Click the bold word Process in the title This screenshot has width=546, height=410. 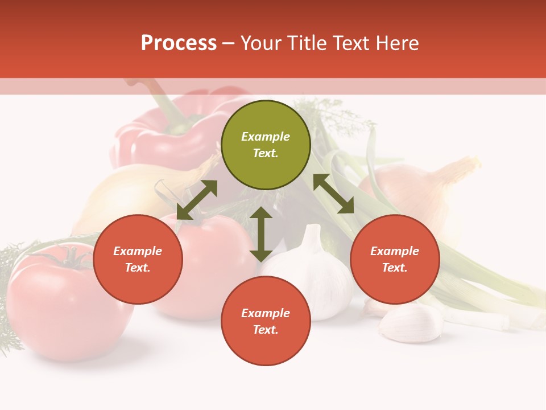179,43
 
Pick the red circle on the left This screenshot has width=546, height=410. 138,259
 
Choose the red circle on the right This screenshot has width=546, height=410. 395,259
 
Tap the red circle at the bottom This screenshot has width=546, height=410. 266,321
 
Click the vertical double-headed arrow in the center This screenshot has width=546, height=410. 261,234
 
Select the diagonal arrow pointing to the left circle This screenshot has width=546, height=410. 197,200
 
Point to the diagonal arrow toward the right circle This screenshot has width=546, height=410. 333,194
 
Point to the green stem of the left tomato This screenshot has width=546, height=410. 71,257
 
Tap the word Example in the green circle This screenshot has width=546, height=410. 266,137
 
